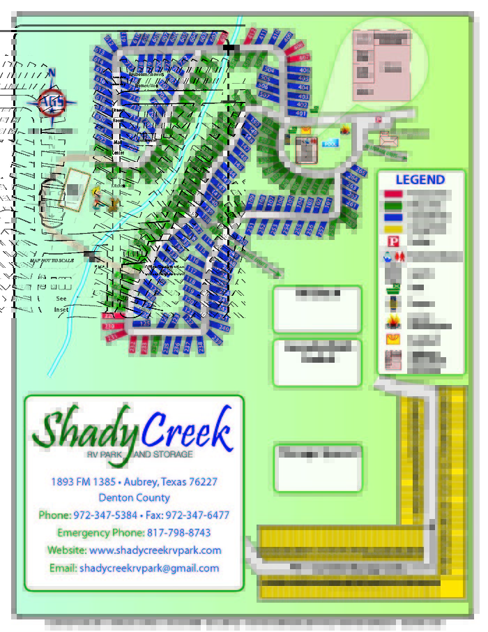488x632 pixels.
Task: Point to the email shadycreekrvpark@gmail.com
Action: [149, 568]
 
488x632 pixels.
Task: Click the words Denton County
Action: [134, 498]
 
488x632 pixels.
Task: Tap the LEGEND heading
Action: [420, 179]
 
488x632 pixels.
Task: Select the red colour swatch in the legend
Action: [393, 194]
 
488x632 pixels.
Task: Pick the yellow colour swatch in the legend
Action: [393, 228]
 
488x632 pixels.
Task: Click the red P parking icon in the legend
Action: [393, 241]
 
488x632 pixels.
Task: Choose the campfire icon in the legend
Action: [393, 322]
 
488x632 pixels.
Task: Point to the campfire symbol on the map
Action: [346, 130]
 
